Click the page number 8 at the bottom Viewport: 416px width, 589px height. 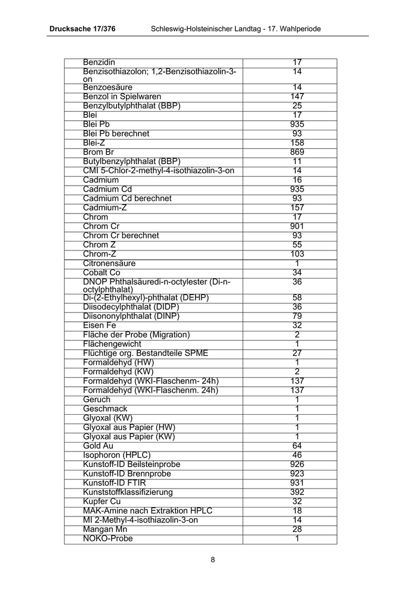click(213, 559)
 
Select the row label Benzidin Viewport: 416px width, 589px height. click(99, 62)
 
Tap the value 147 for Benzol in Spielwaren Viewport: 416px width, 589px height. click(297, 96)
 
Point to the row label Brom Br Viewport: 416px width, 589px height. click(98, 152)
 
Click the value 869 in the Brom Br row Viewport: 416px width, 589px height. click(297, 152)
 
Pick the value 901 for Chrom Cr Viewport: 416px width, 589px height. click(297, 226)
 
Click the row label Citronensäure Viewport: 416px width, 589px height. click(109, 264)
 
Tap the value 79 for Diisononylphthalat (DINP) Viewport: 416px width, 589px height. click(297, 316)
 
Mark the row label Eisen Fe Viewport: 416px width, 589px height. click(99, 325)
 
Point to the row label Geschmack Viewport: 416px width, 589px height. click(105, 409)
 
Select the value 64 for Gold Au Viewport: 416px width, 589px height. click(297, 446)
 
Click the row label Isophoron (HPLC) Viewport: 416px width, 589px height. click(117, 455)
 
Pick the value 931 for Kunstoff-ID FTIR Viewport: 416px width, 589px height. click(297, 483)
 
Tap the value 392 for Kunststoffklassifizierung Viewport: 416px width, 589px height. click(297, 492)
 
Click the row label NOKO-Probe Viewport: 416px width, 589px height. click(108, 538)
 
